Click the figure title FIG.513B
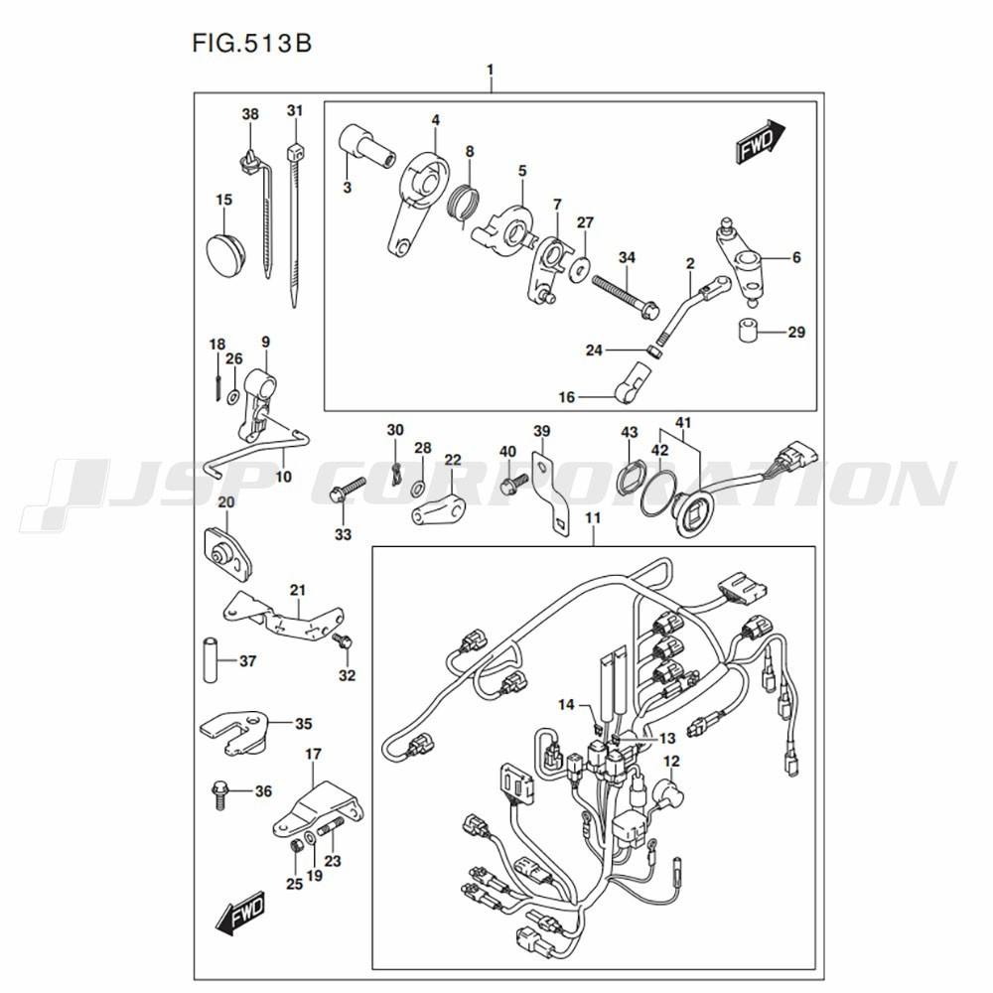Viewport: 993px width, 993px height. [x=252, y=44]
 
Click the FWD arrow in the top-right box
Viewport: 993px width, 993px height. [x=760, y=142]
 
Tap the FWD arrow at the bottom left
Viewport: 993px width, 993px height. [x=240, y=915]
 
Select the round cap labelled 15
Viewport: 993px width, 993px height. [x=225, y=253]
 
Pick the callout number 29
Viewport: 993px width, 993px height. [x=796, y=332]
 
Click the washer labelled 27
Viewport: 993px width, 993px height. [x=578, y=268]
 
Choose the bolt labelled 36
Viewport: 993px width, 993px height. [x=218, y=796]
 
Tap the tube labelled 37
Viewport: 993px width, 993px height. [x=211, y=660]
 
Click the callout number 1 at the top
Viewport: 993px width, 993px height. [x=490, y=69]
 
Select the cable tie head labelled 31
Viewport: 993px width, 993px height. [x=295, y=153]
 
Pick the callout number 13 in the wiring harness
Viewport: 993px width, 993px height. [x=667, y=738]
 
